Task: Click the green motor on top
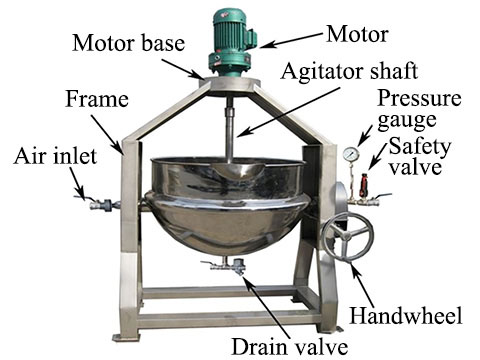click(x=232, y=42)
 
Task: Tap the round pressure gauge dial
click(x=351, y=154)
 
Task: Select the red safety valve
click(x=363, y=185)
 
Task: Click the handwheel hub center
click(x=346, y=236)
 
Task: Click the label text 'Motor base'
click(x=129, y=43)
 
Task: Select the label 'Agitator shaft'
click(x=349, y=70)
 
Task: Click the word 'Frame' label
click(x=97, y=99)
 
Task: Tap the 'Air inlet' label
click(x=55, y=156)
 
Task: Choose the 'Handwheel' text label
click(x=406, y=315)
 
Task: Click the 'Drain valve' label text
click(x=290, y=347)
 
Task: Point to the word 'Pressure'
click(x=419, y=98)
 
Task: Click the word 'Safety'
click(x=420, y=147)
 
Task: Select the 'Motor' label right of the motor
click(x=357, y=34)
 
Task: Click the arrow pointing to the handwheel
click(x=362, y=284)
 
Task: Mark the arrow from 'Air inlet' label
click(x=78, y=183)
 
